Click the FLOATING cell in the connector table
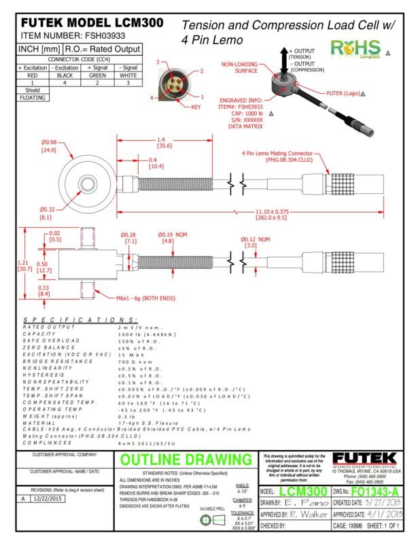coord(33,97)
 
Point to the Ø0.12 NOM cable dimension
coord(254,241)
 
